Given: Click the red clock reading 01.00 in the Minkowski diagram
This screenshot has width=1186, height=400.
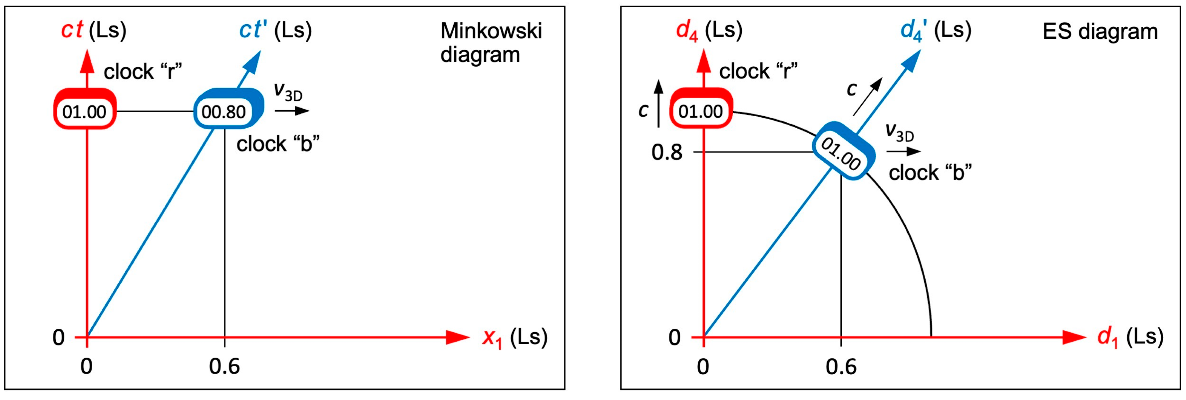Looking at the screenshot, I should (x=85, y=111).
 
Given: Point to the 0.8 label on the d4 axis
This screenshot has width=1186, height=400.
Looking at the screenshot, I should (x=666, y=152).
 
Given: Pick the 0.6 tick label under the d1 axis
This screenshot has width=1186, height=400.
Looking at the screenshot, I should (x=841, y=367).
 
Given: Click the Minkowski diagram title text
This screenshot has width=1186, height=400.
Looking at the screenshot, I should (x=491, y=42).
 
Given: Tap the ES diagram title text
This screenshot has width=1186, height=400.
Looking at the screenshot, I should (x=1099, y=31).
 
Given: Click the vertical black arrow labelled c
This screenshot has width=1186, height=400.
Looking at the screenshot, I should (x=659, y=103).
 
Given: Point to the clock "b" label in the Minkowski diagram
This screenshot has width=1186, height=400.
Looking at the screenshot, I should (x=278, y=144).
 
